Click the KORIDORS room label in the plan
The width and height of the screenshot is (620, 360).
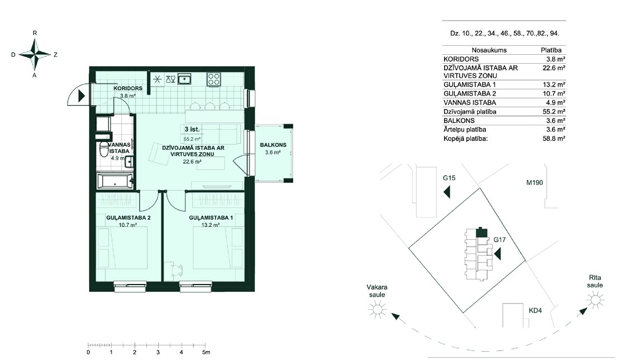point(128,88)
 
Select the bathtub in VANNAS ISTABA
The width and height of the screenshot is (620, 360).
point(115,182)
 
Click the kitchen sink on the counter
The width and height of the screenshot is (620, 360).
point(184,79)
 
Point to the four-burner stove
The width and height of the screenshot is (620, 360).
point(214,79)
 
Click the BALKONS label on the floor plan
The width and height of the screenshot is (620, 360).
point(273,145)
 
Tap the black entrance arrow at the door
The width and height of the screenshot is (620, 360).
point(82,96)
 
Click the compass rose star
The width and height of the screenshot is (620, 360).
point(35,55)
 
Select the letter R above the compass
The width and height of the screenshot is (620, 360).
point(35,33)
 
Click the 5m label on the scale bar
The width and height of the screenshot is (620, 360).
point(206,352)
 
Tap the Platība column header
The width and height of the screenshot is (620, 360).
point(551,50)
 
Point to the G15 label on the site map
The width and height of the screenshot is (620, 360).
point(449,178)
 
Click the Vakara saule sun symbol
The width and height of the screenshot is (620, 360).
point(377,309)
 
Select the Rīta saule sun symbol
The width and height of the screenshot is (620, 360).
point(595,300)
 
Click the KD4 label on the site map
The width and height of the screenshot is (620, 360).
point(536,311)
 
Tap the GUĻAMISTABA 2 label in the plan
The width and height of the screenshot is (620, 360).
point(128,217)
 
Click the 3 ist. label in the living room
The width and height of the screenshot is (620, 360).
point(192,129)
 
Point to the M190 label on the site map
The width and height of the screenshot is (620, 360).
point(535,183)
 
